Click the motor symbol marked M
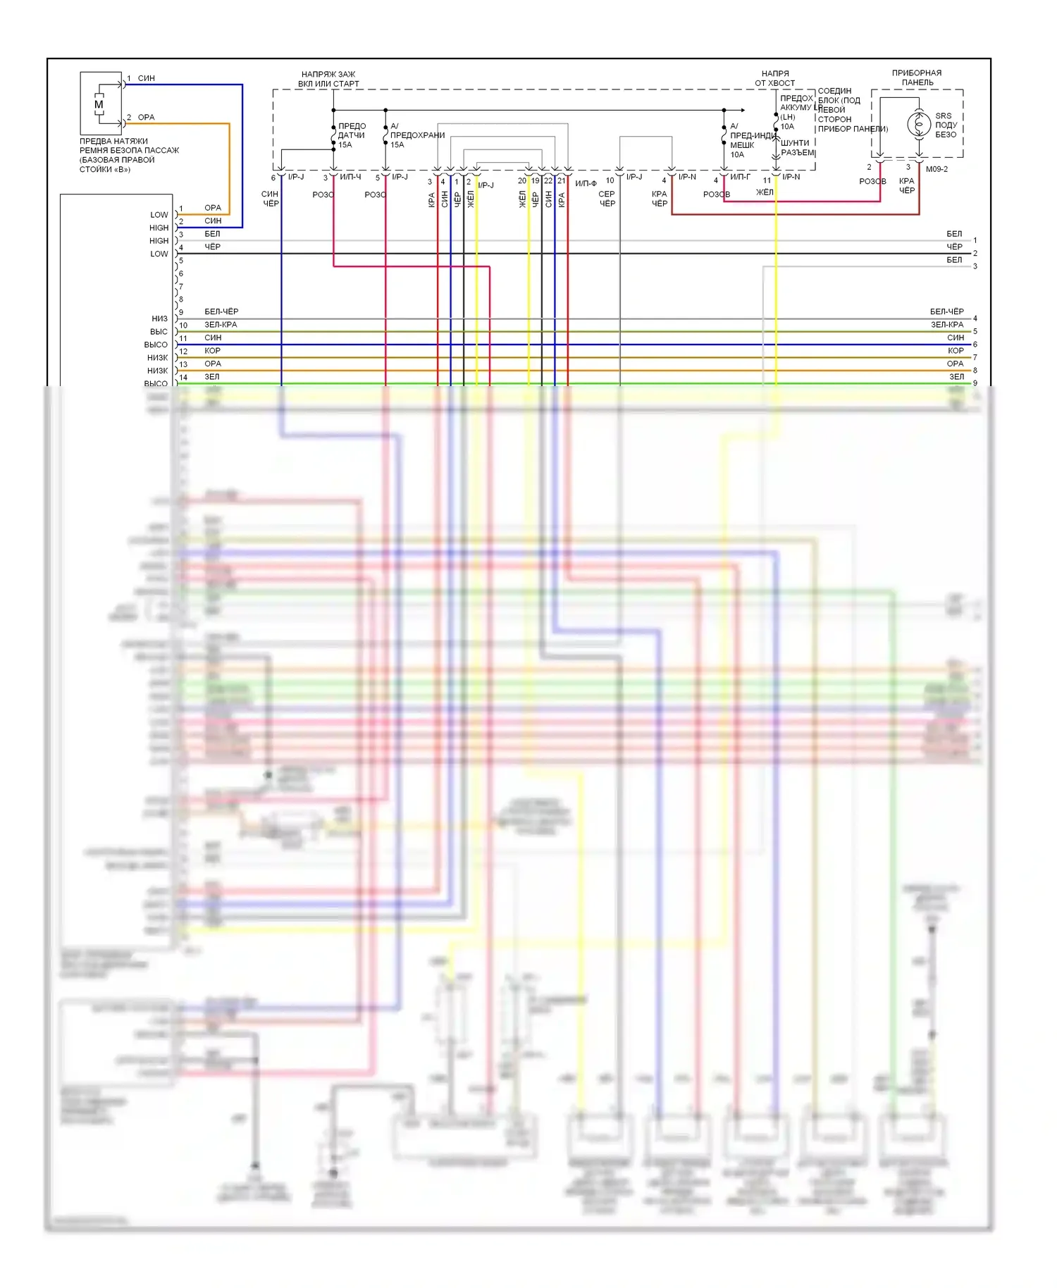tap(99, 105)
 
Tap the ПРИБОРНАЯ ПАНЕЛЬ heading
tap(917, 78)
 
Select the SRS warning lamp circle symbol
tap(919, 124)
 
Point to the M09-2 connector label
tap(937, 169)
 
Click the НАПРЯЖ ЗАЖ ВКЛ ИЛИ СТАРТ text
tap(328, 79)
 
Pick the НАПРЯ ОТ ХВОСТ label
tap(775, 78)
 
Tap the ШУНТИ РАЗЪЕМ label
tap(797, 148)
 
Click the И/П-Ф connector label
tap(586, 184)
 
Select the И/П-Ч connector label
tap(350, 177)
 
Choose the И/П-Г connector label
tap(740, 177)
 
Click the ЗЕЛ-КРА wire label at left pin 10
tap(221, 325)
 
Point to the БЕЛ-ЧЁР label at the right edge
tap(946, 311)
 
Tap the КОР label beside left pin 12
tap(212, 351)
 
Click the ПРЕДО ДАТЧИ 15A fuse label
tap(351, 135)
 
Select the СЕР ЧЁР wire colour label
tap(607, 199)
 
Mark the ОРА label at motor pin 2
tap(146, 118)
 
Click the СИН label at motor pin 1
tap(146, 78)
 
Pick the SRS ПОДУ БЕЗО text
tap(946, 125)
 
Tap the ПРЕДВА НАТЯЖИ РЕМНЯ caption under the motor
tap(129, 155)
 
